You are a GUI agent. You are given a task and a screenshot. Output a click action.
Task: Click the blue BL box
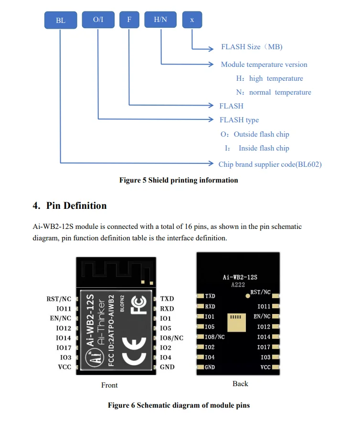[x=60, y=20]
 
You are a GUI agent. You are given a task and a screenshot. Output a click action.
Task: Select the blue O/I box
[x=98, y=20]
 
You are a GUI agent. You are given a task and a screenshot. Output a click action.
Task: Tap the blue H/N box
[x=160, y=20]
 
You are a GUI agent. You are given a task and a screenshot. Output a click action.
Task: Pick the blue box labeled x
[x=192, y=20]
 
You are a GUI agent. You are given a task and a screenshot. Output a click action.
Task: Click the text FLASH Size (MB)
[x=252, y=47]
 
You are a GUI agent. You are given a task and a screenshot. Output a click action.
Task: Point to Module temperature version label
[x=264, y=65]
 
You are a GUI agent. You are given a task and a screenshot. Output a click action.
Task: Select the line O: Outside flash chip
[x=255, y=134]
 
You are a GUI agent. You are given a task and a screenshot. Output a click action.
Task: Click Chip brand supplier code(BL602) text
[x=270, y=164]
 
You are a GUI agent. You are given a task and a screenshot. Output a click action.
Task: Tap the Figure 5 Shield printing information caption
[x=179, y=180]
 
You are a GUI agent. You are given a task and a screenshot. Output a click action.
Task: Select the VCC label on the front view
[x=64, y=367]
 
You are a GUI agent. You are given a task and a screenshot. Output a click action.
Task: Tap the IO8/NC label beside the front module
[x=171, y=338]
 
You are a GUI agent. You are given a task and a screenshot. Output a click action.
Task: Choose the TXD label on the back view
[x=210, y=296]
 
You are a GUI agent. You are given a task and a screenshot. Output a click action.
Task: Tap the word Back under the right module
[x=240, y=383]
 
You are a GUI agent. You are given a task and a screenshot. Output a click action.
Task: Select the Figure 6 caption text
[x=179, y=405]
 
